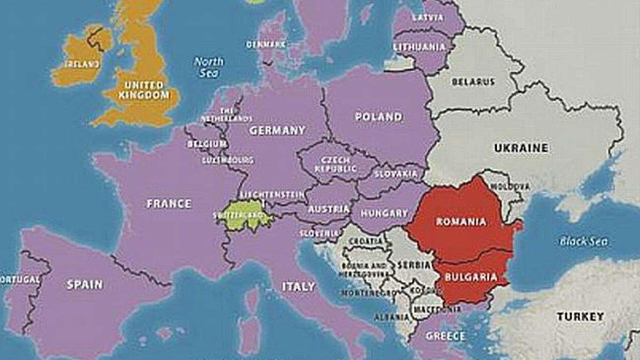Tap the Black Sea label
click(583, 242)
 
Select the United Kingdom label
click(143, 90)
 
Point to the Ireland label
click(82, 64)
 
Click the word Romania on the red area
click(461, 221)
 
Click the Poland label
click(379, 117)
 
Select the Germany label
click(277, 130)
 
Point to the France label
click(169, 203)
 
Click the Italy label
click(298, 286)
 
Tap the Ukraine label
click(521, 148)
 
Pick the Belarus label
click(473, 82)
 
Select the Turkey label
click(581, 316)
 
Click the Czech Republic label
click(335, 164)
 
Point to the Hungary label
click(384, 213)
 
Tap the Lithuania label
click(419, 47)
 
